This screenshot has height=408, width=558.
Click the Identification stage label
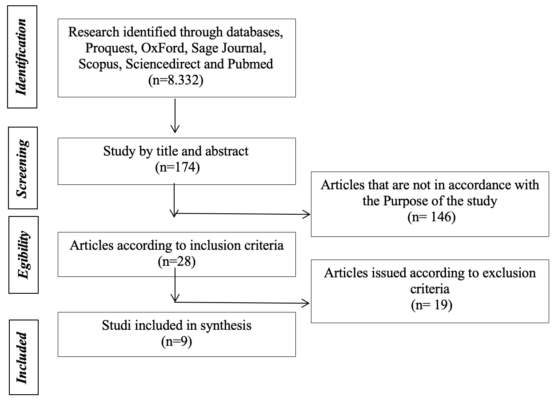[21, 57]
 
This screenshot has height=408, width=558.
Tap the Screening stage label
[22, 168]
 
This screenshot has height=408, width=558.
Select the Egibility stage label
[24, 255]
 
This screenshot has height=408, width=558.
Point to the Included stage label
[21, 357]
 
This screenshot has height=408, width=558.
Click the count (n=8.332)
[176, 80]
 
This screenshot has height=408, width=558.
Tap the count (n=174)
[177, 167]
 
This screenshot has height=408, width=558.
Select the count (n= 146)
[431, 216]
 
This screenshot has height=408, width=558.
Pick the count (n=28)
[177, 261]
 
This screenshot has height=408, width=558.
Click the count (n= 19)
[431, 305]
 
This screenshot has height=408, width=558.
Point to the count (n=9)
[177, 341]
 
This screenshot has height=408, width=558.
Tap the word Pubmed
[250, 64]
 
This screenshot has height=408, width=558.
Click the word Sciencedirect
[163, 64]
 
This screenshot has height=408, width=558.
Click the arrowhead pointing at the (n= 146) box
[307, 214]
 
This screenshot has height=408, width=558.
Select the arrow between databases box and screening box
[175, 116]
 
